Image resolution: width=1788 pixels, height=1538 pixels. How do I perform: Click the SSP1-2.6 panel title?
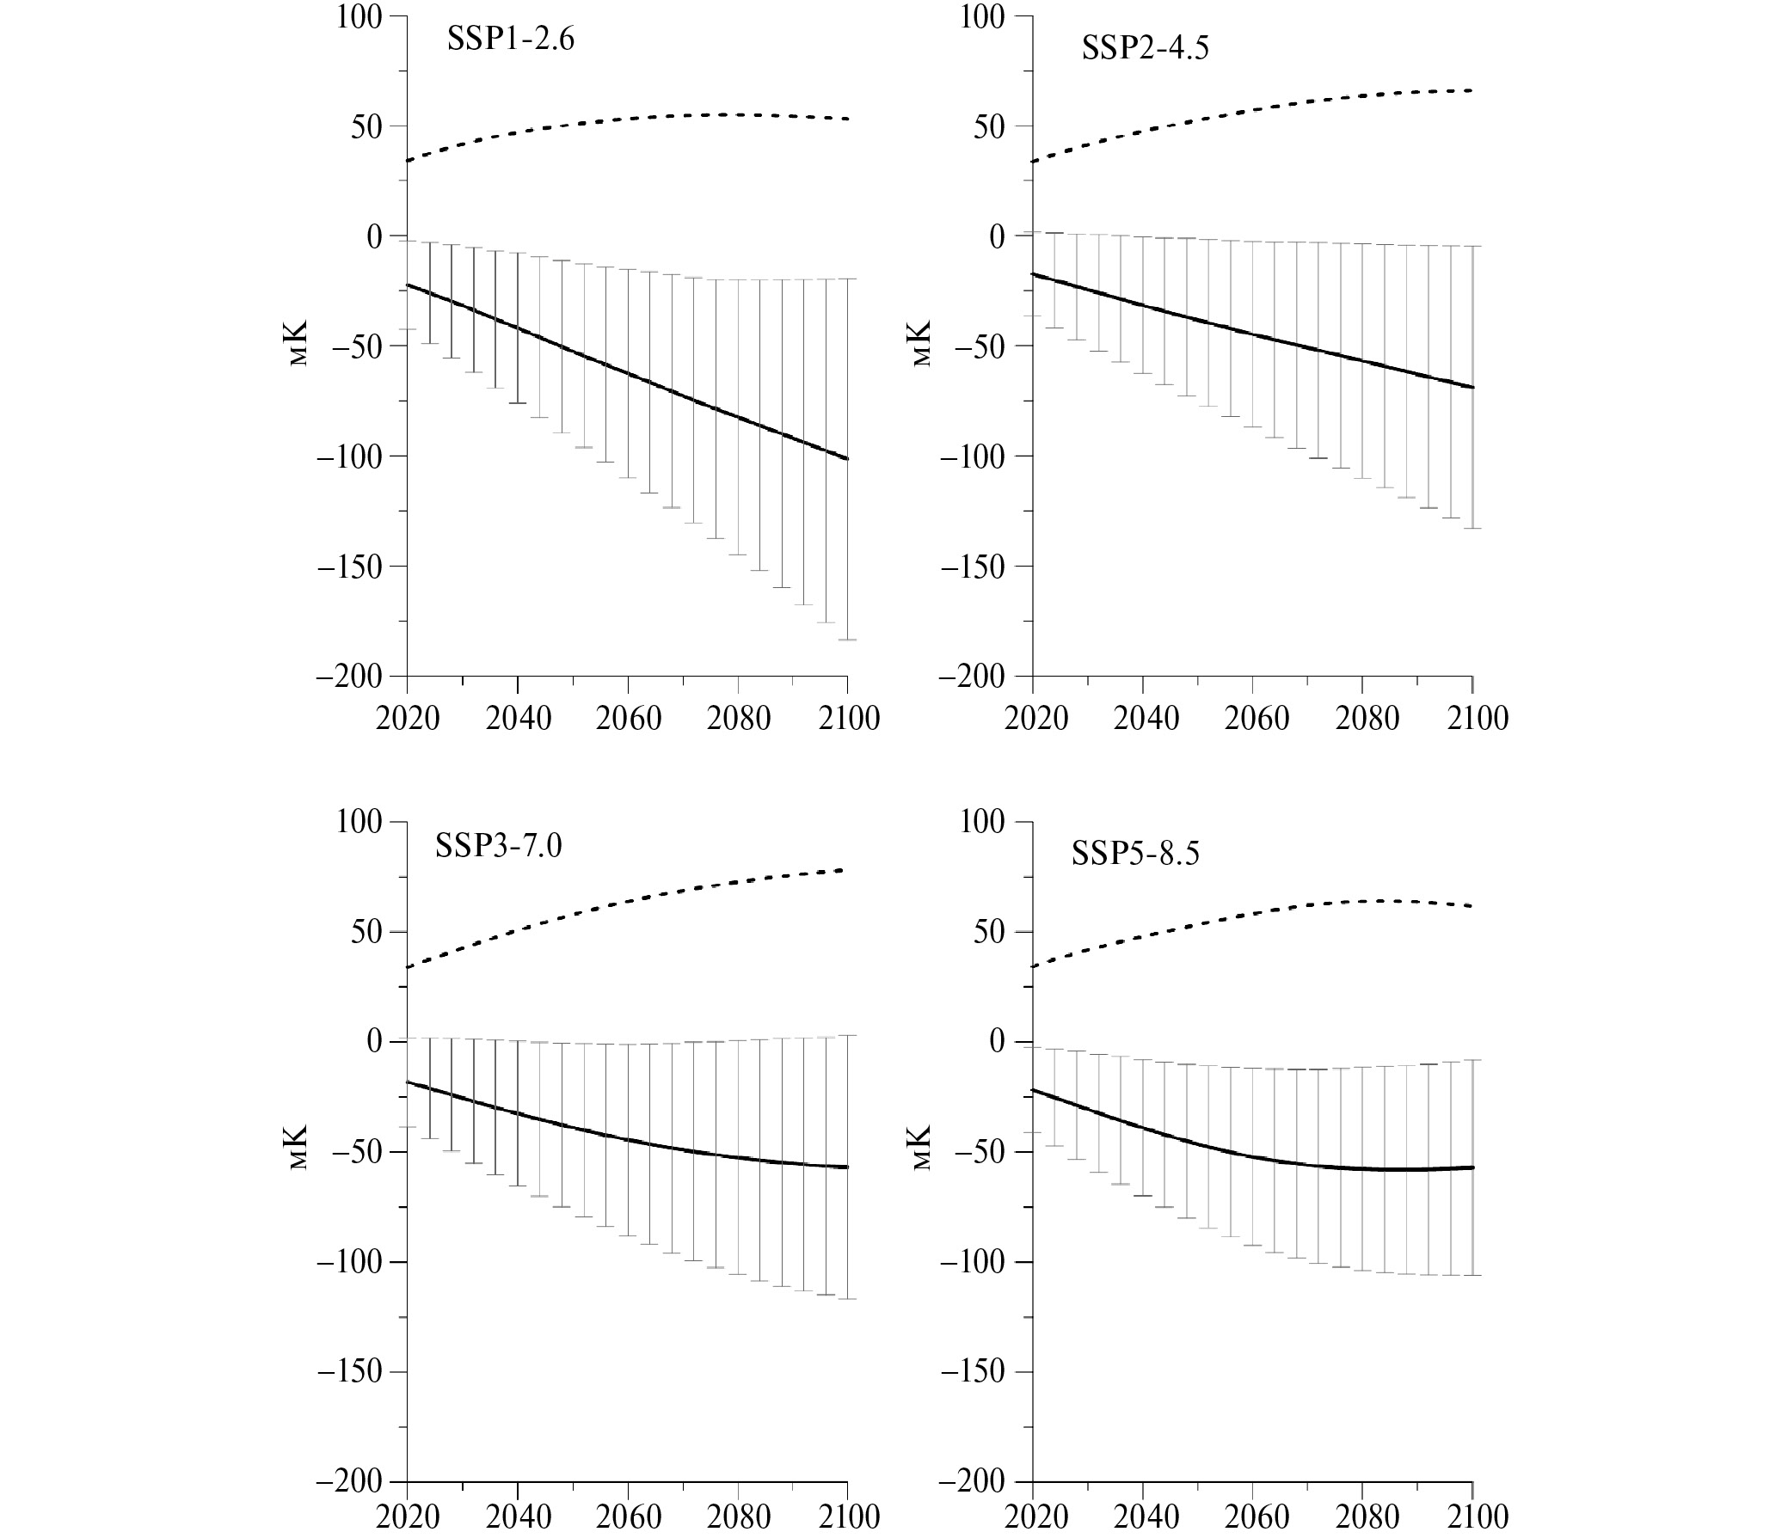510,40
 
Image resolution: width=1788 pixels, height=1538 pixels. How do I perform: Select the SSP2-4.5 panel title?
1145,48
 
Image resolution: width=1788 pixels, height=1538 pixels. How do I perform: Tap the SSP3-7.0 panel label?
498,846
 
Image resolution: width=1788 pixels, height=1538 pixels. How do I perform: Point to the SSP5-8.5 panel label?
1134,854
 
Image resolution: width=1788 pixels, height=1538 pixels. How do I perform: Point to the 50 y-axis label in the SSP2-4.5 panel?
989,126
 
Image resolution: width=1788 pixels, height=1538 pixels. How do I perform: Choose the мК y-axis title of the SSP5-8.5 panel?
922,1148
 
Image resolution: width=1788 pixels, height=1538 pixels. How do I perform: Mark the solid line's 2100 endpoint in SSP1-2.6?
847,459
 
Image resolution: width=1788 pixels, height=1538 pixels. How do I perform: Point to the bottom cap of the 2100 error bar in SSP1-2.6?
847,640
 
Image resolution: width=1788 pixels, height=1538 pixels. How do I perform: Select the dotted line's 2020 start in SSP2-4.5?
1033,162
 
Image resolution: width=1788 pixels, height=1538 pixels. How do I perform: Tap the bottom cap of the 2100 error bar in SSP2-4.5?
1472,528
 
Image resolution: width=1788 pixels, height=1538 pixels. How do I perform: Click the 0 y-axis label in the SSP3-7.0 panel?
373,1042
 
